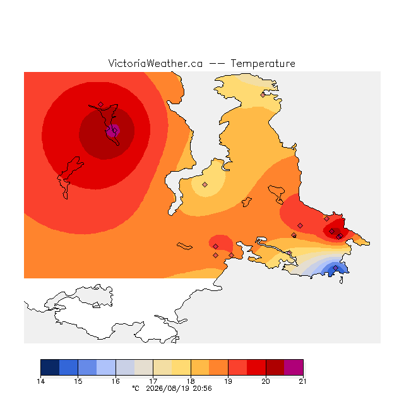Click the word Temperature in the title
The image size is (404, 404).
[x=263, y=63]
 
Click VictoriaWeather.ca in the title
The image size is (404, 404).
[x=155, y=63]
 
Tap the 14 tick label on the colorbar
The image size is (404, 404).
[x=40, y=381]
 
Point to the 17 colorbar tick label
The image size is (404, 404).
[x=153, y=381]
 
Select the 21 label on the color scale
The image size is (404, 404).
[x=303, y=381]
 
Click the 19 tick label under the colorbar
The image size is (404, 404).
[x=228, y=381]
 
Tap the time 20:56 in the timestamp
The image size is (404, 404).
[x=202, y=388]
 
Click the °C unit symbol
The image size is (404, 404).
[x=136, y=388]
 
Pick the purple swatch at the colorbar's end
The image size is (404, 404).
[x=294, y=367]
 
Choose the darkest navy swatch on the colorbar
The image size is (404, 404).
[x=50, y=367]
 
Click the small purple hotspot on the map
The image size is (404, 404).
[x=113, y=131]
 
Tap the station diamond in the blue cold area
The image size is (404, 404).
[x=335, y=268]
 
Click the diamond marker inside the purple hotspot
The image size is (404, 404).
[x=115, y=131]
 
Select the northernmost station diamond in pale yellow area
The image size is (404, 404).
[x=263, y=95]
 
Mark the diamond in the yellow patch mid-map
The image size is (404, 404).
[x=205, y=184]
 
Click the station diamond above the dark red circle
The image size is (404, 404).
[x=101, y=104]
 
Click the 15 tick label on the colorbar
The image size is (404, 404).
[x=78, y=381]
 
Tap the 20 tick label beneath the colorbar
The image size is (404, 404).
[x=266, y=381]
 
